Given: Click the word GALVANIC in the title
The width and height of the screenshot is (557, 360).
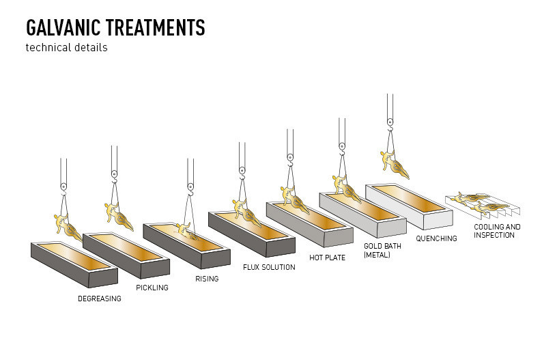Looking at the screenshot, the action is pos(63,28).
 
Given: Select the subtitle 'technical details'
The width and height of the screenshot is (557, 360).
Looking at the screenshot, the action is pos(66,48).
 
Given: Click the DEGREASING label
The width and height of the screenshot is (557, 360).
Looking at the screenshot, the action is pos(100,299).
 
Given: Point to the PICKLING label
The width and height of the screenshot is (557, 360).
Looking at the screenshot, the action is pos(152,288).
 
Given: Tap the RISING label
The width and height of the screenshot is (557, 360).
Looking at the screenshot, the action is pos(207,279).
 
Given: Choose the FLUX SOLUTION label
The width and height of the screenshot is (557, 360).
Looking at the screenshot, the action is pos(269,267).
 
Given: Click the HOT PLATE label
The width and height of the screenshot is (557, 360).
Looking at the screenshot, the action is pos(327,258).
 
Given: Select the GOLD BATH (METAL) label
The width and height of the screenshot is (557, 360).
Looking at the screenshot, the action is pos(382,250).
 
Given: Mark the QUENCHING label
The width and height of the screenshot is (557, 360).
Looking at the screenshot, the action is pos(436,238).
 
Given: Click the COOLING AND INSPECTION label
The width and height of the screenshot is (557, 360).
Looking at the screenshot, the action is pos(497,231).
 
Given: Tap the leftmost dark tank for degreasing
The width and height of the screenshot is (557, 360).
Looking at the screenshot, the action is pos(74,265).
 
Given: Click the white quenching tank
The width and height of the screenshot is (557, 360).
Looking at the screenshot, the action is pos(410,207).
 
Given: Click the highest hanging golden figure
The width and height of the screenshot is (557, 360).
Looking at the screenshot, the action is pos(394,165).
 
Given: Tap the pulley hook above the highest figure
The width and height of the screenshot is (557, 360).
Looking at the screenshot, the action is pos(390,123).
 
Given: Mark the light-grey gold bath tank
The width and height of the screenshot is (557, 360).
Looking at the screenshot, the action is pos(362,215).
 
